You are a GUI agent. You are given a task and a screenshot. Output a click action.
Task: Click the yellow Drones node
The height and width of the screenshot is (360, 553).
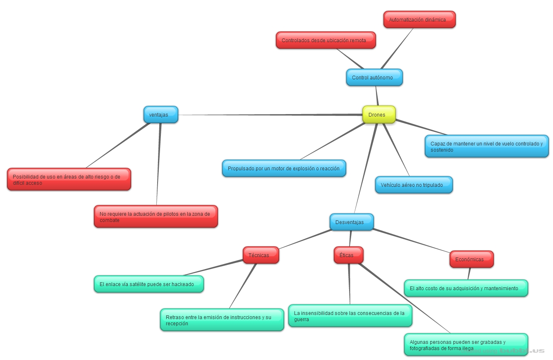[x=379, y=115]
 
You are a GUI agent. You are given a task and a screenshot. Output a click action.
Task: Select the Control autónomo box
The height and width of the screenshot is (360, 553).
[x=374, y=78]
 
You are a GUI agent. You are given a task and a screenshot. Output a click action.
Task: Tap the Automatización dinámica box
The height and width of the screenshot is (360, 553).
[x=419, y=20]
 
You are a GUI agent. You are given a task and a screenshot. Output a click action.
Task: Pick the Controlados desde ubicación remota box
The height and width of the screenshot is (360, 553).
[x=326, y=41]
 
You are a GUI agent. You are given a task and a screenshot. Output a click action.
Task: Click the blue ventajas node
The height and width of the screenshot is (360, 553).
[x=161, y=115]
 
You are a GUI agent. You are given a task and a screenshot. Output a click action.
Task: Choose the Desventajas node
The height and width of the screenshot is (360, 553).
[x=352, y=222]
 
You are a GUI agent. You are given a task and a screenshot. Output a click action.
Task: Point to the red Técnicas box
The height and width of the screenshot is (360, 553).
[x=261, y=255]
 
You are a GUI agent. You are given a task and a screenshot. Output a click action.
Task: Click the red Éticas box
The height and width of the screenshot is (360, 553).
[x=348, y=255]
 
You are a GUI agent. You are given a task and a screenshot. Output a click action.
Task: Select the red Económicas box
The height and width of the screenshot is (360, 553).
[x=472, y=260]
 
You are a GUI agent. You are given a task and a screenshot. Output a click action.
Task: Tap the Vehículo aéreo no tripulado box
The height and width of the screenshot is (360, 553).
[x=414, y=185]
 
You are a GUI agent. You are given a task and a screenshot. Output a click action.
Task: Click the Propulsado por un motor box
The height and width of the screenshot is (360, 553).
[x=284, y=169]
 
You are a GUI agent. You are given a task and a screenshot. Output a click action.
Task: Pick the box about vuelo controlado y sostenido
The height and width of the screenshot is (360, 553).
[x=487, y=147]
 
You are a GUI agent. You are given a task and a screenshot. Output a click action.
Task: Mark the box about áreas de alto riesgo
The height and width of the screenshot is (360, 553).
[x=69, y=180]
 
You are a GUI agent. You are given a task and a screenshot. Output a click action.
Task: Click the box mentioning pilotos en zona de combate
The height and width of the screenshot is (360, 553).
[x=156, y=217]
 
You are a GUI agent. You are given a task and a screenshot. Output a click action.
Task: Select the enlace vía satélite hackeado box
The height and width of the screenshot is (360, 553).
[x=149, y=284]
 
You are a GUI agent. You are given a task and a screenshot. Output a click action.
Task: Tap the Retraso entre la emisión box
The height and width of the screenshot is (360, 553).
[x=222, y=320]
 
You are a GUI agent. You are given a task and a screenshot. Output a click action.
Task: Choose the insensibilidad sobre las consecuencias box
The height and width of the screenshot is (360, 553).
[x=350, y=316]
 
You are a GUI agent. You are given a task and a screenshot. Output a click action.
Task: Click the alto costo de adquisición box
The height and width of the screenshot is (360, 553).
[x=466, y=288]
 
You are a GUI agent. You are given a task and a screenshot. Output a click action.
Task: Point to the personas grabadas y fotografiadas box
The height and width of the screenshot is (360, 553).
[x=466, y=345]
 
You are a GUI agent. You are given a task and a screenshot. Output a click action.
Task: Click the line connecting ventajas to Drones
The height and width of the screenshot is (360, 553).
[x=269, y=114]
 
